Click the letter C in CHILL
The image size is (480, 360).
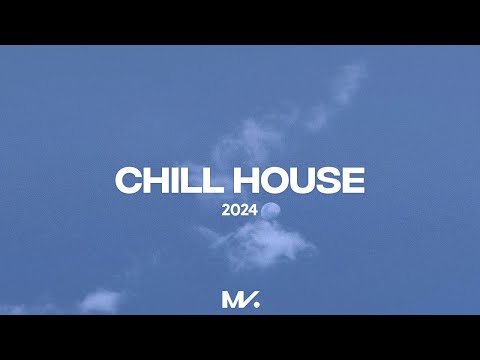[x=129, y=181]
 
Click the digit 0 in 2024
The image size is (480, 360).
[x=236, y=211]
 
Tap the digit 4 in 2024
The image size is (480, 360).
[x=253, y=211]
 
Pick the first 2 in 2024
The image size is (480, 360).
[x=228, y=211]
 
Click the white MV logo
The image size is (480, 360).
[x=240, y=299]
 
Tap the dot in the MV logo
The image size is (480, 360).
[x=256, y=305]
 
